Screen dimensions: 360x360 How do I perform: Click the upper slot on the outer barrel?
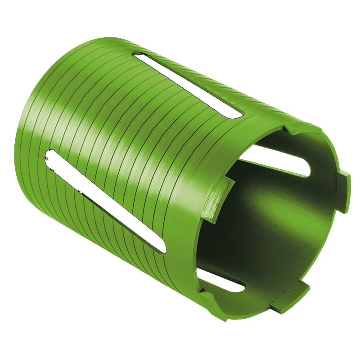189,85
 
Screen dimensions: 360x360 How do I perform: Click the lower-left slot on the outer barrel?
106,200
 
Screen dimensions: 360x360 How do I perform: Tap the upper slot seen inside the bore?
279,161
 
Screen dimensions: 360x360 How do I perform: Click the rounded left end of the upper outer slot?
139,57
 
